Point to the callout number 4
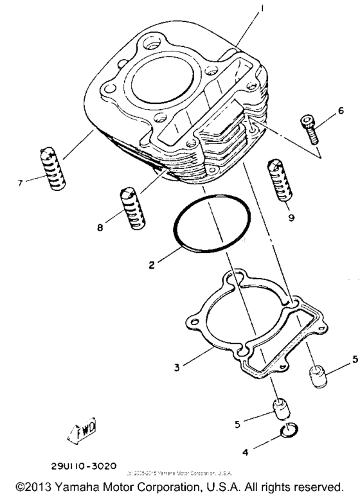tap(245, 452)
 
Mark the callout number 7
tap(21, 182)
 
